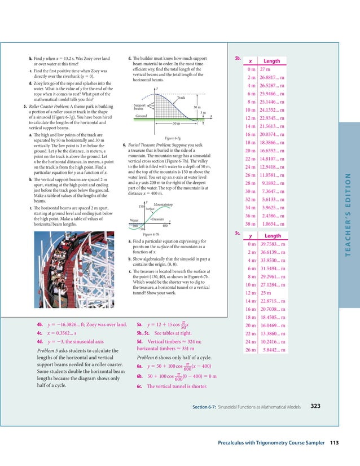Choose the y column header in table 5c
point(249,236)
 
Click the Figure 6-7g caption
point(172,137)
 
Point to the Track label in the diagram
point(181,98)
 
